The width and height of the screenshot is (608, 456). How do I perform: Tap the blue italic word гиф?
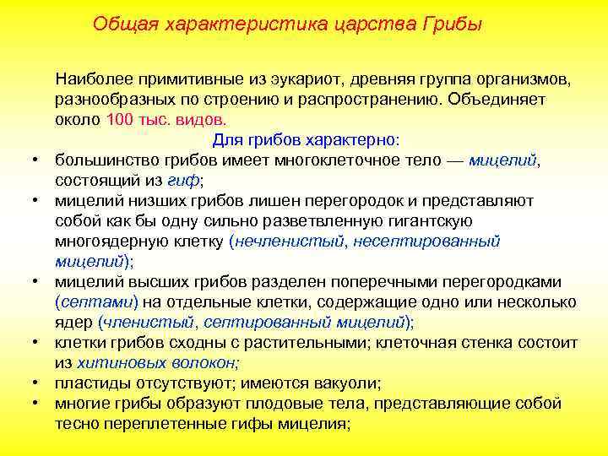pyautogui.click(x=184, y=180)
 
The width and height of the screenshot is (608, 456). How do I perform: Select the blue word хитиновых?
pyautogui.click(x=115, y=362)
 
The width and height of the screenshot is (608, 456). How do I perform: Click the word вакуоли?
pyautogui.click(x=341, y=383)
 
